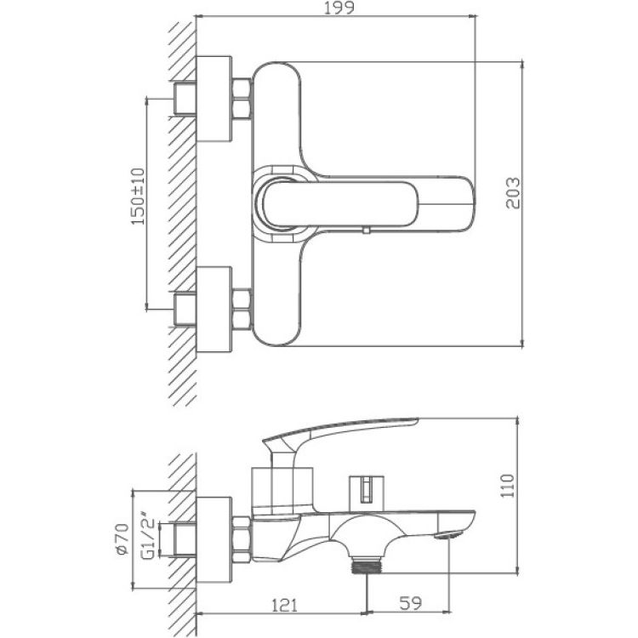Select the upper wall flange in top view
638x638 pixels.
click(214, 99)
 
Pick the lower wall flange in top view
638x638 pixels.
click(214, 309)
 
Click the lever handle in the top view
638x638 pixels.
click(366, 202)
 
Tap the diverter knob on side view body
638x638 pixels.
click(363, 488)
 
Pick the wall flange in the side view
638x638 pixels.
click(214, 537)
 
